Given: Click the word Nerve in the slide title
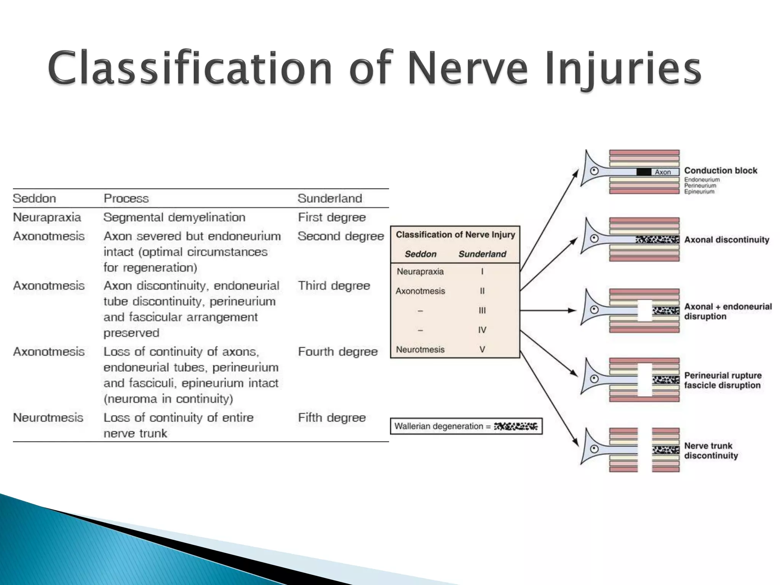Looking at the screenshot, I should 468,69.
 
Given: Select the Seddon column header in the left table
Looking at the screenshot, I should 34,198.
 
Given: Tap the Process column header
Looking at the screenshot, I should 126,198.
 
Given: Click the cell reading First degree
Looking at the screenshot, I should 331,217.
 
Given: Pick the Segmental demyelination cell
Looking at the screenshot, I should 174,217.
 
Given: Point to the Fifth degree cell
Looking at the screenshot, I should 331,418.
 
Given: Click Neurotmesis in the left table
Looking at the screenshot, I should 48,418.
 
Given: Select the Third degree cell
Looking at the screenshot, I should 334,286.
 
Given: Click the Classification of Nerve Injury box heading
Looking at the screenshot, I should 455,235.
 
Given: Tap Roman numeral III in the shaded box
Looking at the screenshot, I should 482,311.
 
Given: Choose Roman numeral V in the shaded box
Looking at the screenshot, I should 482,350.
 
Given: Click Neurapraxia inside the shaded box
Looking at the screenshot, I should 420,272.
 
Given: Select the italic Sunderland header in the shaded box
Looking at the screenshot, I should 482,254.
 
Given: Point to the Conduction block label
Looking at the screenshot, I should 721,171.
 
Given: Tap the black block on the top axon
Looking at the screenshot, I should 644,172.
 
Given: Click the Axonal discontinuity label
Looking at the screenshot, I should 726,240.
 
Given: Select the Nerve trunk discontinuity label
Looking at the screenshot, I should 711,451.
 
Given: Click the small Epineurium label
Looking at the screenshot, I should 699,192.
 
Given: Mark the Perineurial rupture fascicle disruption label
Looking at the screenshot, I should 722,380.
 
